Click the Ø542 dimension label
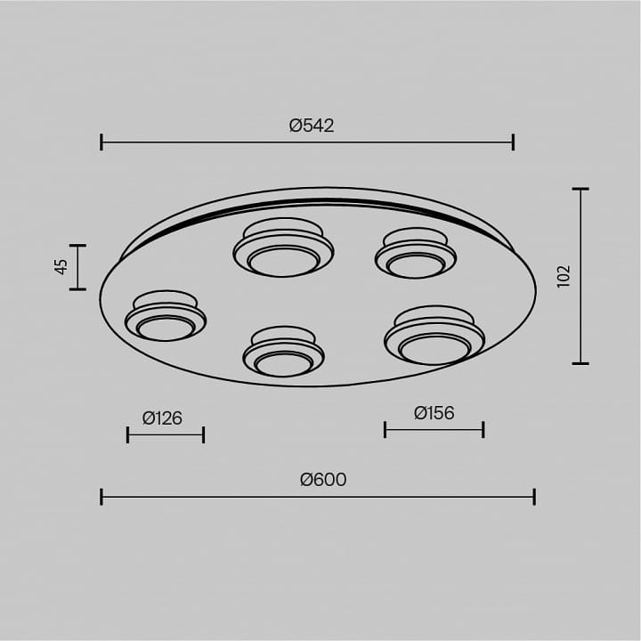tap(312, 126)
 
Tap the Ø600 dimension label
tap(323, 480)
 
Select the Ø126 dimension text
tap(162, 418)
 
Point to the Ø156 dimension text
tap(434, 413)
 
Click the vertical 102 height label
tap(564, 276)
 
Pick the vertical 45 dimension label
tap(61, 267)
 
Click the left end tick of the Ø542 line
tap(101, 142)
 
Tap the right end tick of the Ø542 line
tap(514, 142)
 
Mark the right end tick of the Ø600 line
tap(534, 497)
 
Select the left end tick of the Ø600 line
tap(101, 497)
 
